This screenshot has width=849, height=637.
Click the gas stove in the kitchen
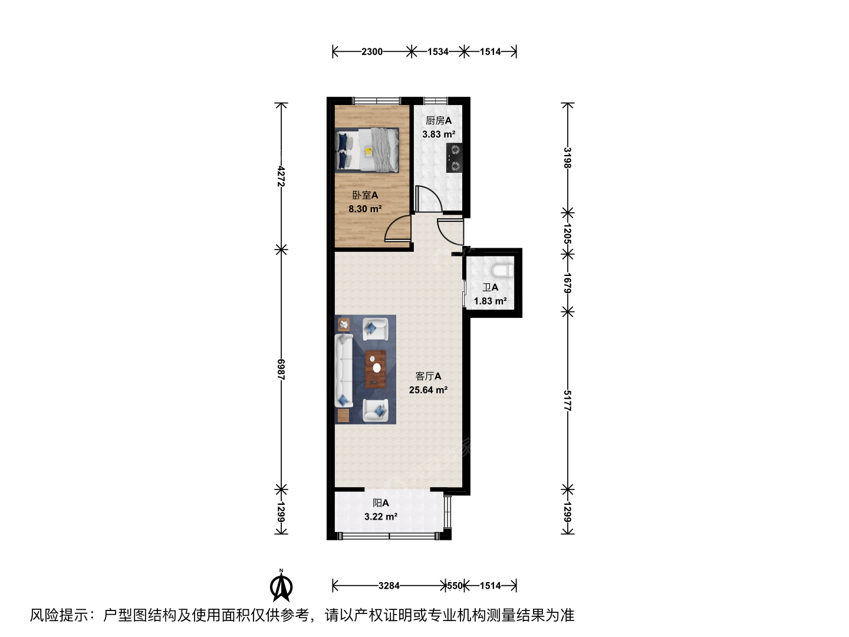454,158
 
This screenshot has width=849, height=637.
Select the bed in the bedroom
367,150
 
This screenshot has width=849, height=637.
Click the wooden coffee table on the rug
375,369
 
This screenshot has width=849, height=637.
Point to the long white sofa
344,371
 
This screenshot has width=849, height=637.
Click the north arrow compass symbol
281,586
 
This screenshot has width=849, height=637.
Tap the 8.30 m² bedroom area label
365,209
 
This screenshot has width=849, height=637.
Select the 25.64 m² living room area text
428,390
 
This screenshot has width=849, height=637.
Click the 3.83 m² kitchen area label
439,134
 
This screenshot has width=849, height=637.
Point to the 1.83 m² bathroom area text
491,301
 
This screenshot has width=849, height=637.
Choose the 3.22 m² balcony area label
381,516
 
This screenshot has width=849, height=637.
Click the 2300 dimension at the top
372,51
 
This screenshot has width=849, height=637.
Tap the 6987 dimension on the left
281,370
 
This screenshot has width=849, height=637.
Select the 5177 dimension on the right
567,400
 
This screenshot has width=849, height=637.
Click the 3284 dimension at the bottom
389,586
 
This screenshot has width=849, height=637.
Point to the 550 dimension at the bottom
455,586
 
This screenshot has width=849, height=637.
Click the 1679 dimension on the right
567,283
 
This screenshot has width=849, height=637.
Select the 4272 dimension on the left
281,176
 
